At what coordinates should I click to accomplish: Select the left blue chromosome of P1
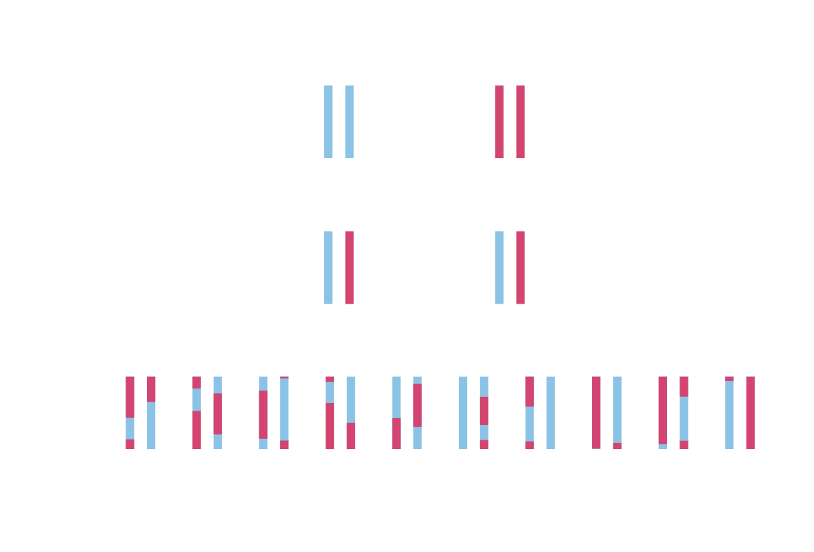(328, 121)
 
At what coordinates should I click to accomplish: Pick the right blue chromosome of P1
(349, 121)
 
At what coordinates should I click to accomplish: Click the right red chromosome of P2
(520, 121)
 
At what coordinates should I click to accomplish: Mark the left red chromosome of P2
(499, 121)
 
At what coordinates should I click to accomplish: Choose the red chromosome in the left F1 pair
(349, 267)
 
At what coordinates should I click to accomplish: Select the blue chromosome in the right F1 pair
(499, 267)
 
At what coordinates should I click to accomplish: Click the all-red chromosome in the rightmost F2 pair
(751, 412)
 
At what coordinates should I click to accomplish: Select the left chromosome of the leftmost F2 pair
(130, 412)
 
